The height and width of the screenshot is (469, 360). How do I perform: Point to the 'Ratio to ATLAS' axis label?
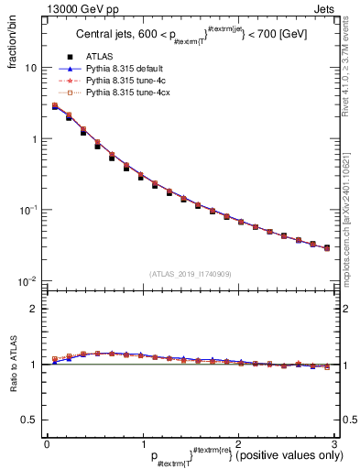11,366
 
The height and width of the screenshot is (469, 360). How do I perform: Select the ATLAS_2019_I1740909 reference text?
190,273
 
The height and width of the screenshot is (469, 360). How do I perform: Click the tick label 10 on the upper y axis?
31,69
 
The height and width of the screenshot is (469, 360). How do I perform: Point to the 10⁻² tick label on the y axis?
29,281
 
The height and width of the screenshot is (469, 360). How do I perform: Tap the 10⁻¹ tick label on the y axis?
29,211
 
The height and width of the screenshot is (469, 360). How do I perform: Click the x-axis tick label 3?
333,443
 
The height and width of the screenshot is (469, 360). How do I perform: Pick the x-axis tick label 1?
142,443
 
